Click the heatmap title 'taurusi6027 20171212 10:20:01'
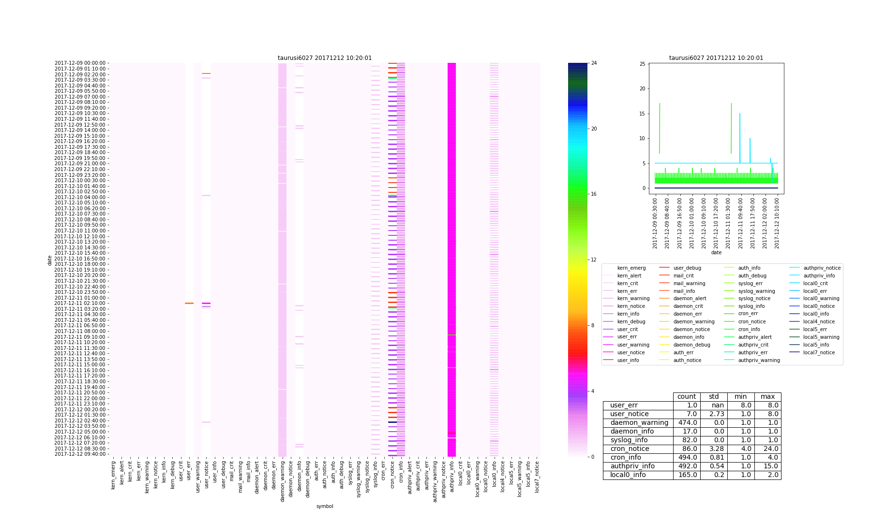325,58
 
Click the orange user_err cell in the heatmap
189,304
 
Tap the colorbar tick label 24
594,63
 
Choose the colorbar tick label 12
594,260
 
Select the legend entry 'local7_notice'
819,353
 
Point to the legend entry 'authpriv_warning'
759,361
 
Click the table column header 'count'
687,397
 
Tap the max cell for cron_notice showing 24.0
767,449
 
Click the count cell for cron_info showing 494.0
687,458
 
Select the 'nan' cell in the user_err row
714,406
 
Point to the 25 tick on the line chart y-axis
642,64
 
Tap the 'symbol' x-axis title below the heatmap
325,507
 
